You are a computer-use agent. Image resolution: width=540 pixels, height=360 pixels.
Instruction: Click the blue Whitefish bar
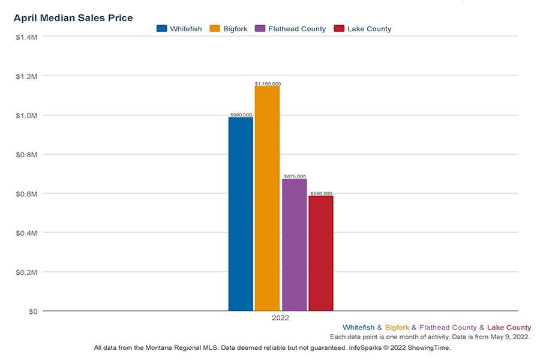[241, 214]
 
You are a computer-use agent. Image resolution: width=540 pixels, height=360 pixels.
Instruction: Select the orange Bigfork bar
[267, 198]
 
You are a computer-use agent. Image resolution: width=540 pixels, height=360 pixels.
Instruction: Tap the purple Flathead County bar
[294, 244]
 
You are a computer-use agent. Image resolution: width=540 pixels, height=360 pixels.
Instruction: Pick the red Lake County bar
[321, 253]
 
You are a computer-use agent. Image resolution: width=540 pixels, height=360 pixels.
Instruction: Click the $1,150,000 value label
[268, 84]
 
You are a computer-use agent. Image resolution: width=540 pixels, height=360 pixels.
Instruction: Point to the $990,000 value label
[241, 115]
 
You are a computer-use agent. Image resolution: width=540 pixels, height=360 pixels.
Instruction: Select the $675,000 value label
[295, 176]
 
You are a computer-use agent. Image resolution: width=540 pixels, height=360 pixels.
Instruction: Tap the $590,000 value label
[321, 193]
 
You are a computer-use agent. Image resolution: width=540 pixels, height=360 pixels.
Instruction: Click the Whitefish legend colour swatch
[161, 29]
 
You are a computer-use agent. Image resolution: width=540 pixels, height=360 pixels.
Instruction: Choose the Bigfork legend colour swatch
[214, 29]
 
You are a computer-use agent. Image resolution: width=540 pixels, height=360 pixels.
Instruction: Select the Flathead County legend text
[297, 29]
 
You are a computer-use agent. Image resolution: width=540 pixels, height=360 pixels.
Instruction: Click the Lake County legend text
[369, 29]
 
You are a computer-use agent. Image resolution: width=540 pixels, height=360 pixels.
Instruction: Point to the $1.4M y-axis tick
[27, 37]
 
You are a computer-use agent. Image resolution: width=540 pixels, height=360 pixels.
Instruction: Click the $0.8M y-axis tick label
[27, 155]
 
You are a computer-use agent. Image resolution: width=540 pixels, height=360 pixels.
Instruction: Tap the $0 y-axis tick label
[32, 311]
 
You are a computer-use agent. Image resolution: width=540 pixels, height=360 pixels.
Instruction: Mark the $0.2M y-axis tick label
[27, 272]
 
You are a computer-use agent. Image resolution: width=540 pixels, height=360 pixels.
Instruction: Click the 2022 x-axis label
[280, 318]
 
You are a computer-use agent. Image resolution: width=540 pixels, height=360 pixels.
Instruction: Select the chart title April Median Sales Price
[73, 18]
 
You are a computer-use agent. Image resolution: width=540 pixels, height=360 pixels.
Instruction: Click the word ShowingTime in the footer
[430, 347]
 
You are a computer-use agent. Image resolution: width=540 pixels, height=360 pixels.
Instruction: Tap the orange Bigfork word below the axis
[397, 328]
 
